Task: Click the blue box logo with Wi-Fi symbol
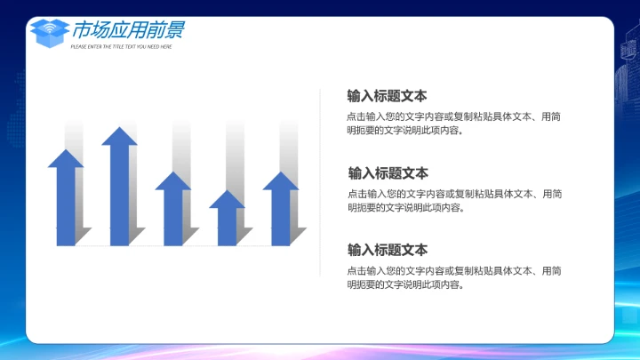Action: click(x=49, y=33)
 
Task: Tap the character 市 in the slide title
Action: click(x=84, y=31)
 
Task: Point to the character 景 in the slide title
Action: click(x=174, y=31)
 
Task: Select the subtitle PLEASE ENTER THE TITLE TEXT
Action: click(x=121, y=46)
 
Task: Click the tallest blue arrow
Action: click(x=119, y=191)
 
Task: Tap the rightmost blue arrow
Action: click(x=280, y=212)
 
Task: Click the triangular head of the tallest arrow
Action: click(x=119, y=137)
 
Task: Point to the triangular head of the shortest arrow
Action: click(x=227, y=199)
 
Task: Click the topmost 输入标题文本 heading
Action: click(x=387, y=96)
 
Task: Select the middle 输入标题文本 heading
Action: click(x=388, y=172)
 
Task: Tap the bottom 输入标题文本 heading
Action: click(x=387, y=250)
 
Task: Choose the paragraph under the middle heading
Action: click(x=453, y=200)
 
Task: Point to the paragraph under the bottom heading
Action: click(x=453, y=277)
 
